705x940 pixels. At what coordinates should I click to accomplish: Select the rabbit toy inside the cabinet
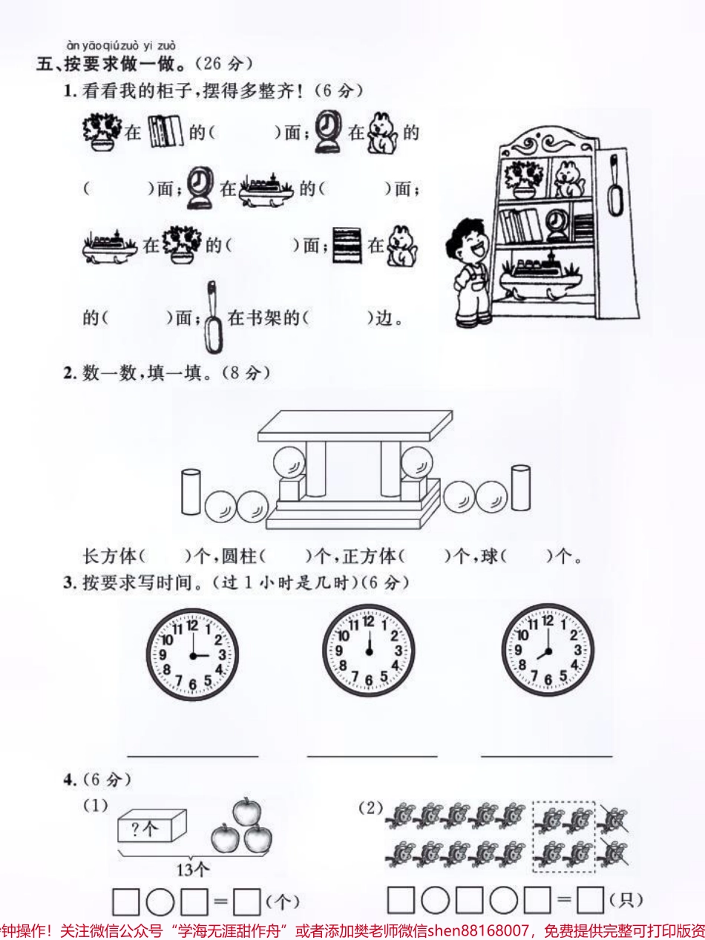[570, 179]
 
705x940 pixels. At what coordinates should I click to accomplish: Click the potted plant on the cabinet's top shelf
[523, 179]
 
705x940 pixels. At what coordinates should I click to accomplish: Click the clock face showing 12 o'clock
[369, 651]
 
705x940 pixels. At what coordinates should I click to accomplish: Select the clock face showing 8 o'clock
[548, 651]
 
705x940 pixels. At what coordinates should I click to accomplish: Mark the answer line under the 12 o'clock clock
[372, 756]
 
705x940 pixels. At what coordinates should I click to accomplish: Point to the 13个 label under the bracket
[193, 869]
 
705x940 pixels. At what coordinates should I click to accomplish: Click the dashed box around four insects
[563, 836]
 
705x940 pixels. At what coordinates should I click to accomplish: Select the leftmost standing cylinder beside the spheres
[191, 492]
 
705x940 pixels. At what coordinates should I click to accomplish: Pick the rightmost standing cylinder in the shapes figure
[521, 487]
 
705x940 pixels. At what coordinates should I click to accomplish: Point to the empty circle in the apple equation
[160, 902]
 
